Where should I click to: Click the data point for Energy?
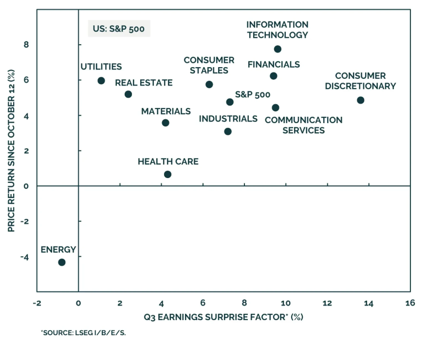62,262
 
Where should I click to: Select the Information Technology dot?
277,49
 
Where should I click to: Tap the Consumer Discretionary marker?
360,100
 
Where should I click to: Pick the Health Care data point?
168,174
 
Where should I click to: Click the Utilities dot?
101,81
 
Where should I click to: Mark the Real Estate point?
128,94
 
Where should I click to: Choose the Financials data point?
273,76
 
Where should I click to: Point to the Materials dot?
165,123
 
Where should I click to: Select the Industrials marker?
228,131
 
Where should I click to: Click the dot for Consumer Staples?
209,84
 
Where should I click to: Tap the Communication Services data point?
276,108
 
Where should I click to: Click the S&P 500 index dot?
230,102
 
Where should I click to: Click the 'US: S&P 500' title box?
119,29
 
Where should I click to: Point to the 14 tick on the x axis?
369,303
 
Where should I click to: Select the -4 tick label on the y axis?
25,257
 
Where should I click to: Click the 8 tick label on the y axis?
26,44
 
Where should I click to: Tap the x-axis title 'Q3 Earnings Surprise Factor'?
223,317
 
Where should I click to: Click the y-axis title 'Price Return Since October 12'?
11,151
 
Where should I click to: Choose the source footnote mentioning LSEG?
83,333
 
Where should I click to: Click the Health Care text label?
168,161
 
